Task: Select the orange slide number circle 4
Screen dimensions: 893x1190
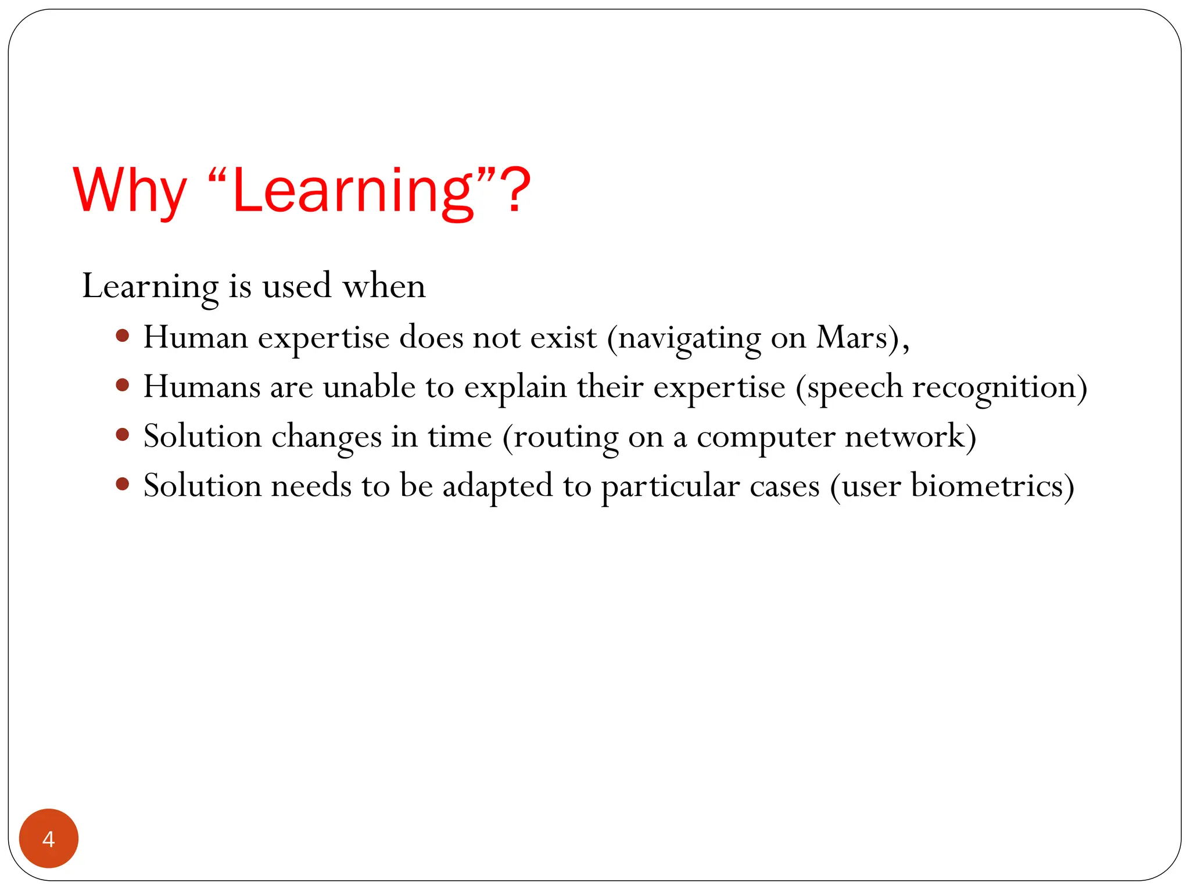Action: (49, 838)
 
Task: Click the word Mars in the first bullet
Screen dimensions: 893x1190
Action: (852, 337)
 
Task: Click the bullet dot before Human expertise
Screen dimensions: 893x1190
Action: (122, 335)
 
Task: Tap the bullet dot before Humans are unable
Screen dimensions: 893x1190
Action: (122, 385)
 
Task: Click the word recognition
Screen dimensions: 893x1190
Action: (994, 388)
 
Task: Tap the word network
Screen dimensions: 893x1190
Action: (904, 436)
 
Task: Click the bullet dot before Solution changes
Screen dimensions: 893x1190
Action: (122, 434)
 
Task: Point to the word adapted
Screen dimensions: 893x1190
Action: (497, 487)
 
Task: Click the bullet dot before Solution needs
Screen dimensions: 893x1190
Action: (122, 484)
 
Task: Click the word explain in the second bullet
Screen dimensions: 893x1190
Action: (515, 388)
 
